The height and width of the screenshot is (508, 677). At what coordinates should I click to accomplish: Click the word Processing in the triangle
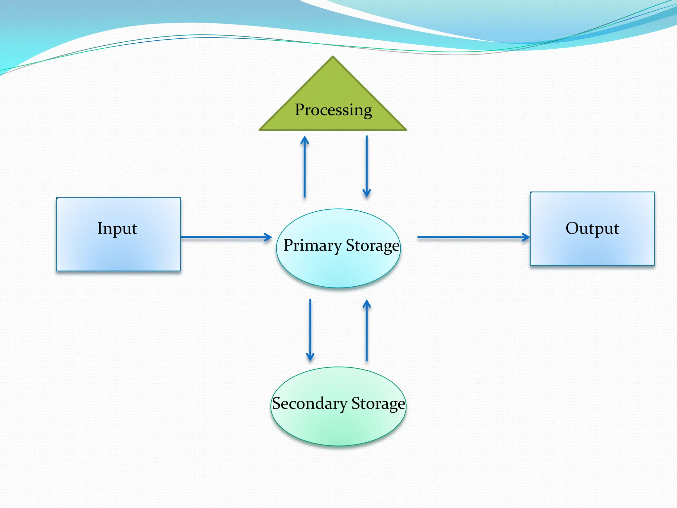(x=333, y=110)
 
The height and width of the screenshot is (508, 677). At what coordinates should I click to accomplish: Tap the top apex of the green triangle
(x=333, y=57)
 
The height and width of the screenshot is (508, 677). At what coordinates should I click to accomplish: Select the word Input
(x=117, y=228)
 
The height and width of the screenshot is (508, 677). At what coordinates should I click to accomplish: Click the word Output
(x=592, y=228)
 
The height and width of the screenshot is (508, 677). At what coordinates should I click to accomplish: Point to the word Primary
(x=312, y=245)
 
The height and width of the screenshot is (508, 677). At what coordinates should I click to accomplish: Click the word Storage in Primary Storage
(x=373, y=245)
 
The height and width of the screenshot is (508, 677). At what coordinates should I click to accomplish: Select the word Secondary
(x=309, y=403)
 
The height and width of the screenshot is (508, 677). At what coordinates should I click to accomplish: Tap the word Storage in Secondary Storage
(x=378, y=403)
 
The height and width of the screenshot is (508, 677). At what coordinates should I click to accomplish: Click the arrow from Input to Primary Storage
(x=225, y=237)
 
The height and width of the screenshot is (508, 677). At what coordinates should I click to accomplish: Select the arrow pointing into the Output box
(x=473, y=237)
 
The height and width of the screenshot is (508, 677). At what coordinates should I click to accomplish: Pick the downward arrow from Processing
(x=367, y=165)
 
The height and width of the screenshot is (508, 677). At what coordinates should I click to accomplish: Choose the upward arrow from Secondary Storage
(x=367, y=331)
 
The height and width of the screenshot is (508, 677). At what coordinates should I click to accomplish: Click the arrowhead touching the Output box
(x=526, y=237)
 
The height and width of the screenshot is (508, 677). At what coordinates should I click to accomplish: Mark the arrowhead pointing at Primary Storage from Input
(x=268, y=237)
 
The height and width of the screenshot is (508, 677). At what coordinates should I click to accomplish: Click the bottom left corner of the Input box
(x=57, y=271)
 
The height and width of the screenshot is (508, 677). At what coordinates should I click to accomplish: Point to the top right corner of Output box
(x=654, y=192)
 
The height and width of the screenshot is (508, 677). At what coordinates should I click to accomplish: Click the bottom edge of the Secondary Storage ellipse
(x=338, y=445)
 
